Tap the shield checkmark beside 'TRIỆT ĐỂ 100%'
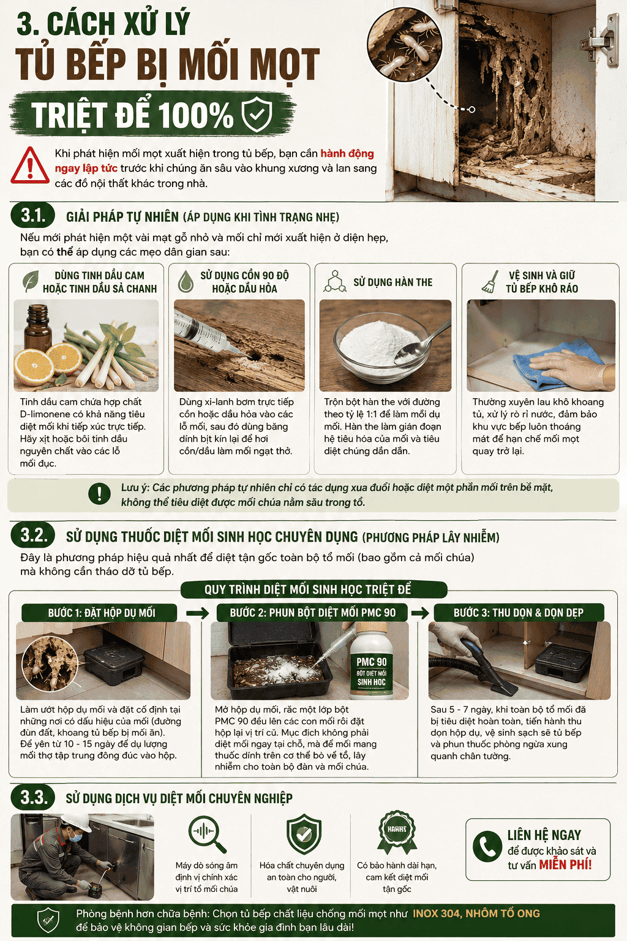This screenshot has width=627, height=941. coord(257,115)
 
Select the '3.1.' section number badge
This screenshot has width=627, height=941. coord(32,216)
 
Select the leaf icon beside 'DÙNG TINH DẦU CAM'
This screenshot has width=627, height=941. coord(30,281)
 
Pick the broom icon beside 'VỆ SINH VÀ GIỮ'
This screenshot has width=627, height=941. coord(490,281)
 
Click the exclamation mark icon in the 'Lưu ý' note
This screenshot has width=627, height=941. coord(100,494)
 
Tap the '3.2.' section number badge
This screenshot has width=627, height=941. coord(32,535)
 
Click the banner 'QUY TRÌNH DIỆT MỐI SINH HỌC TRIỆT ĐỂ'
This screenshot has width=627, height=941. coord(313,589)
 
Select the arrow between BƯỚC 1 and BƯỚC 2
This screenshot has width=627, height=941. coord(197,613)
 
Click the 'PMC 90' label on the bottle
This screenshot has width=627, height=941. coord(372,662)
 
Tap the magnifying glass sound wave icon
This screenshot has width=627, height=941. coord(207,833)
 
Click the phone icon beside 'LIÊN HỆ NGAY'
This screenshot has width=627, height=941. coord(487,847)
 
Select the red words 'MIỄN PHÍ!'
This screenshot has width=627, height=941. coord(566,865)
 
